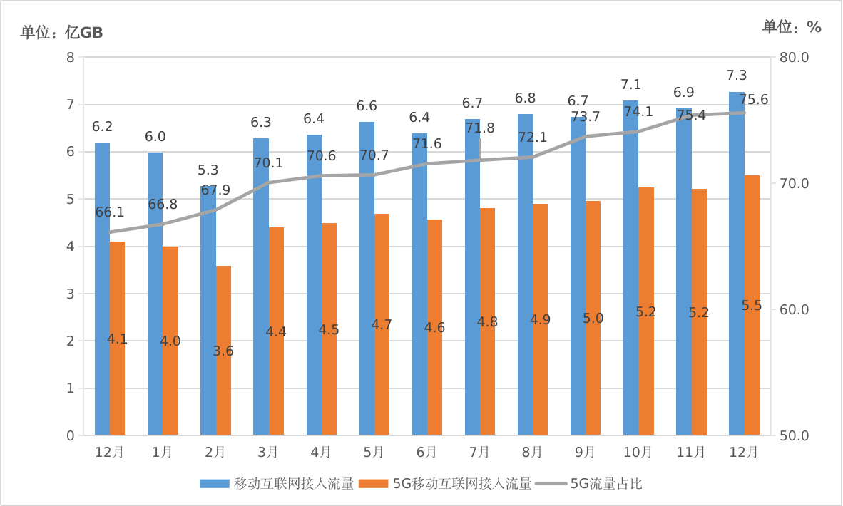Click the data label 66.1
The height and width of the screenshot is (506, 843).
pos(110,212)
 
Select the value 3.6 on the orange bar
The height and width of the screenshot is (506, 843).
pos(223,351)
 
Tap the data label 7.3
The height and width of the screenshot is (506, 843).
pos(736,76)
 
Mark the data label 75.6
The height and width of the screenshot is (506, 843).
pos(754,100)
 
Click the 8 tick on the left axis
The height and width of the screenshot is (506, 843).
pos(70,58)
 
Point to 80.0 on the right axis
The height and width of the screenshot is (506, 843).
pos(793,58)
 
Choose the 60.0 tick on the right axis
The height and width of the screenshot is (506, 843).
pos(793,310)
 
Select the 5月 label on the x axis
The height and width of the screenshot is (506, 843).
pos(374,452)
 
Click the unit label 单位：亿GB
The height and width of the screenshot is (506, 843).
pos(61,32)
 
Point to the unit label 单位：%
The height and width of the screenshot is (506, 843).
pos(792,27)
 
